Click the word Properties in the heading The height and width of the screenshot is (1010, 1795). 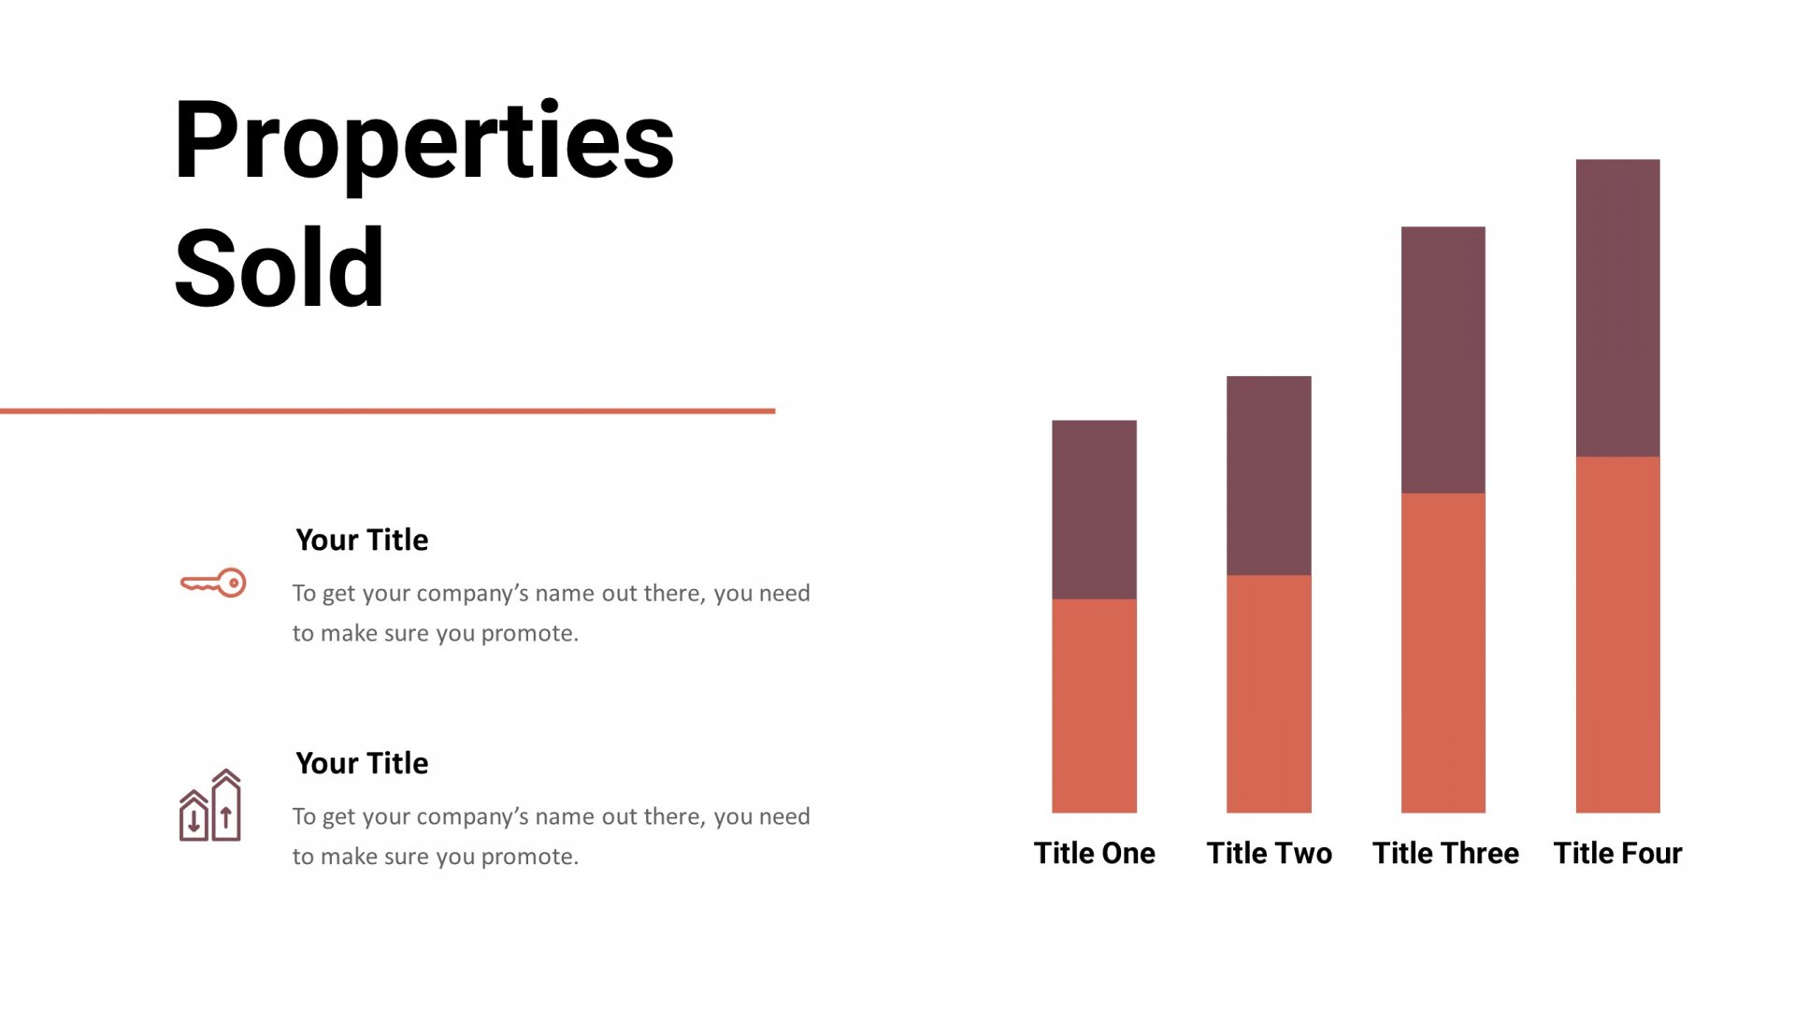[424, 142]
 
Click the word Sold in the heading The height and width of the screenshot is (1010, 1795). [279, 268]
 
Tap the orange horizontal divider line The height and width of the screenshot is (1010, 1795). [387, 411]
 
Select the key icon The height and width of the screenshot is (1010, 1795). [213, 583]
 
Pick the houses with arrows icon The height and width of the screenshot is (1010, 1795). [210, 805]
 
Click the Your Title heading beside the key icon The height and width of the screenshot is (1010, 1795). [362, 540]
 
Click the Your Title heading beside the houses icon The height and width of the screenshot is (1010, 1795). [362, 763]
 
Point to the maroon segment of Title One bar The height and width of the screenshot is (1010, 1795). [1094, 510]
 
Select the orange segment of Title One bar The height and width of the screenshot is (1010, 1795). [1094, 706]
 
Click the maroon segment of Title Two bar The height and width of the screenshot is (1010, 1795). [1269, 475]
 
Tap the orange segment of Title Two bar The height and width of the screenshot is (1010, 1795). [1269, 694]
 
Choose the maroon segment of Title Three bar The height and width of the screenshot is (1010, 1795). [1443, 360]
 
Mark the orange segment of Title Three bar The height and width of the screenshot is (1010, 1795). [1443, 653]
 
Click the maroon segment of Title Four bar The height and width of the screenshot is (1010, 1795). [1617, 308]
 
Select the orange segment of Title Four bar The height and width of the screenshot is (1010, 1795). [1617, 635]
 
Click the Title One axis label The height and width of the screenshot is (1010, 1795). [1094, 853]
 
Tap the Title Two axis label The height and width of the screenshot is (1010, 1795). [1269, 853]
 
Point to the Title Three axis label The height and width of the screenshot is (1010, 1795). [1445, 853]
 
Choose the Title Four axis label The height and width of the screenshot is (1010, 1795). [1617, 853]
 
